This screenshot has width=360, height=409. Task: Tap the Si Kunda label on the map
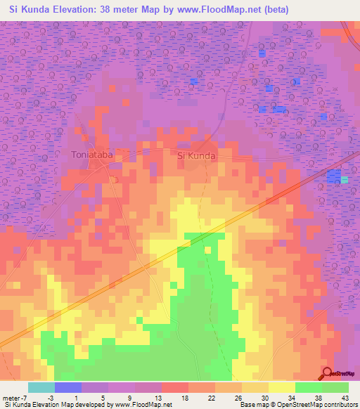[x=196, y=155]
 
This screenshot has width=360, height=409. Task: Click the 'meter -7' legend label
[x=15, y=397]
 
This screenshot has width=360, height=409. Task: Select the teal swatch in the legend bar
[x=41, y=387]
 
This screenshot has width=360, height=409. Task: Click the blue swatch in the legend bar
[x=68, y=387]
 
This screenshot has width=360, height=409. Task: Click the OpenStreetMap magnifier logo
[x=328, y=372]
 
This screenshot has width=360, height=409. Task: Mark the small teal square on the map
[x=345, y=180]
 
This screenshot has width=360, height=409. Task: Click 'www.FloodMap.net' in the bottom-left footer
[x=140, y=405]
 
